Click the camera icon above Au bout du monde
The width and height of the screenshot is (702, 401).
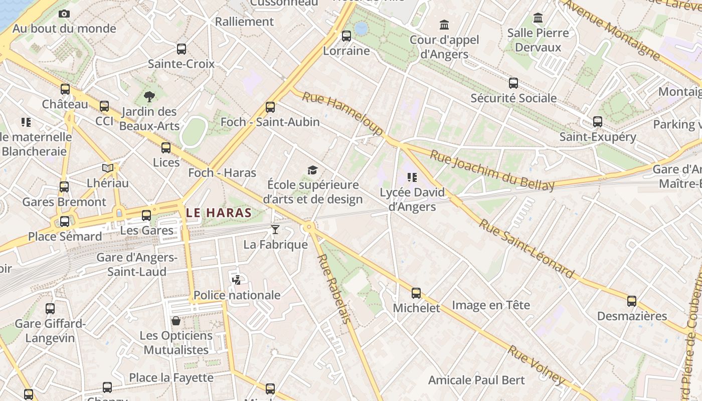[x=64, y=14]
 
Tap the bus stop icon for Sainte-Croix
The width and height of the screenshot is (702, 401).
[x=182, y=49]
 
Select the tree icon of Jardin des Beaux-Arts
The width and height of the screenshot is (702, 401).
[x=149, y=96]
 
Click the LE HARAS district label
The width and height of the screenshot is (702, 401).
[x=219, y=213]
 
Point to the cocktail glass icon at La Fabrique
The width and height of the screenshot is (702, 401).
[x=275, y=230]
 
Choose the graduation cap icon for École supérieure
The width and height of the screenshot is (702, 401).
[x=313, y=170]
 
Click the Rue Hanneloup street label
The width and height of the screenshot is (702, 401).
[x=342, y=113]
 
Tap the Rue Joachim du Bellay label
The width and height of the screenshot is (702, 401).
[x=492, y=170]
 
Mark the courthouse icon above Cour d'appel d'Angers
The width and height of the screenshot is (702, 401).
[x=444, y=25]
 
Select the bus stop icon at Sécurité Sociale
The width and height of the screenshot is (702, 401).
[x=513, y=83]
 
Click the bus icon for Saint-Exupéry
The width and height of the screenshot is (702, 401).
[x=598, y=122]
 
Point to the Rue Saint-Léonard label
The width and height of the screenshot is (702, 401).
[x=526, y=248]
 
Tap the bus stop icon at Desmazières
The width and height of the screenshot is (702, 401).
[x=632, y=301]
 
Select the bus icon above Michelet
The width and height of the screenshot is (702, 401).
[x=416, y=293]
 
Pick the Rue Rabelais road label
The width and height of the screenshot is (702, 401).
[x=333, y=288]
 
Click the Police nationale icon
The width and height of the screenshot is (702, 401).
[x=236, y=280]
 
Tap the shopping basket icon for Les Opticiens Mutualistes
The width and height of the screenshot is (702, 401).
[x=176, y=321]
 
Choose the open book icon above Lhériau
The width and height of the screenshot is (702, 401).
[x=107, y=168]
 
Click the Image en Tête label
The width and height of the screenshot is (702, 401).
[x=491, y=305]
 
